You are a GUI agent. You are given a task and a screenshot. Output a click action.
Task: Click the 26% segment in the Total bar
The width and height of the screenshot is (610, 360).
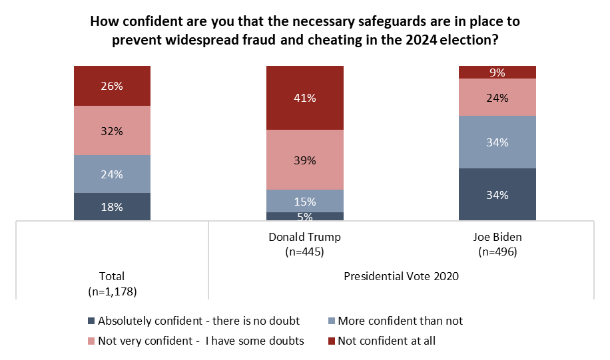pyautogui.click(x=112, y=86)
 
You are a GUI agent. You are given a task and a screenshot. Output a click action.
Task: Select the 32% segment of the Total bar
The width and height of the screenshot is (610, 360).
pyautogui.click(x=112, y=131)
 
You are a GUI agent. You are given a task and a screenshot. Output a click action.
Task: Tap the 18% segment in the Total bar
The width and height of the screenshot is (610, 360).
pyautogui.click(x=112, y=206)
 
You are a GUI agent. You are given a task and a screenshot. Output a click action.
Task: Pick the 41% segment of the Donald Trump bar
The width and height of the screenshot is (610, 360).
pyautogui.click(x=305, y=98)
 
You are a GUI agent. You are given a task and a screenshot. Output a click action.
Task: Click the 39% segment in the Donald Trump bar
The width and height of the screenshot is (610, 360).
pyautogui.click(x=305, y=160)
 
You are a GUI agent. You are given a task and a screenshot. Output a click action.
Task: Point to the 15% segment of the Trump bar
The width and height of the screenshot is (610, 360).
pyautogui.click(x=305, y=201)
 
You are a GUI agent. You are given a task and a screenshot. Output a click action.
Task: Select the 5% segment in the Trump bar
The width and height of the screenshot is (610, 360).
pyautogui.click(x=305, y=216)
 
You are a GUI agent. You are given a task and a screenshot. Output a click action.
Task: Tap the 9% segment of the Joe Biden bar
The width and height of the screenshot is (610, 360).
pyautogui.click(x=497, y=72)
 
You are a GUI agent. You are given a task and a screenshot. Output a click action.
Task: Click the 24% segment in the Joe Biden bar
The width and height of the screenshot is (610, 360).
pyautogui.click(x=497, y=97)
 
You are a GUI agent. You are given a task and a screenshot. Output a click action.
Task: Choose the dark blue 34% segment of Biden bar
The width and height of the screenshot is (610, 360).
pyautogui.click(x=497, y=194)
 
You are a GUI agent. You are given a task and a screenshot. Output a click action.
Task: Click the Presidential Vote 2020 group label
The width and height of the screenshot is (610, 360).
pyautogui.click(x=402, y=275)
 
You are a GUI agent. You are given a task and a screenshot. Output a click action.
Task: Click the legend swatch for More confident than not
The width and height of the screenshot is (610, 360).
pyautogui.click(x=332, y=321)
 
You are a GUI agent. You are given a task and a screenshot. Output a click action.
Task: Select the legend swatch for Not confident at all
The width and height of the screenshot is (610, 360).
pyautogui.click(x=332, y=341)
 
